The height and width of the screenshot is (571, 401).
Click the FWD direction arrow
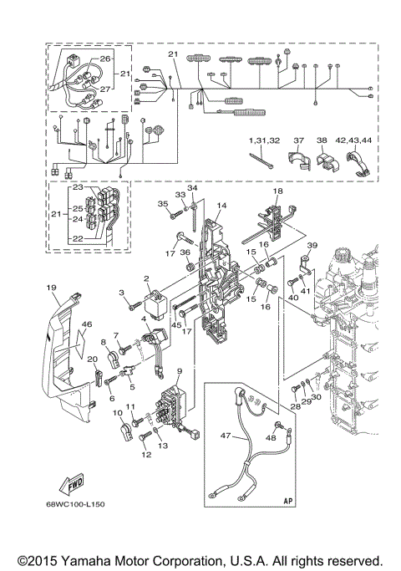pyautogui.click(x=71, y=485)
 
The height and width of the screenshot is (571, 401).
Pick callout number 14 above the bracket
pyautogui.click(x=222, y=205)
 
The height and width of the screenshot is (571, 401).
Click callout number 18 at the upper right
pyautogui.click(x=277, y=192)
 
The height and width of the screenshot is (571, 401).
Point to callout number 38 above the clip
pyautogui.click(x=322, y=141)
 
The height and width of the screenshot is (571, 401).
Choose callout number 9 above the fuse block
pyautogui.click(x=180, y=370)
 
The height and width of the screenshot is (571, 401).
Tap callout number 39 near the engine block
pyautogui.click(x=311, y=245)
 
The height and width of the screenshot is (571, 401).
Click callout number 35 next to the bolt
pyautogui.click(x=164, y=203)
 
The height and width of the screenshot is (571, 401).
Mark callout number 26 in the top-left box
pyautogui.click(x=105, y=59)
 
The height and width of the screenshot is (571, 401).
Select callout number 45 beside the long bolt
pyautogui.click(x=177, y=326)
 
